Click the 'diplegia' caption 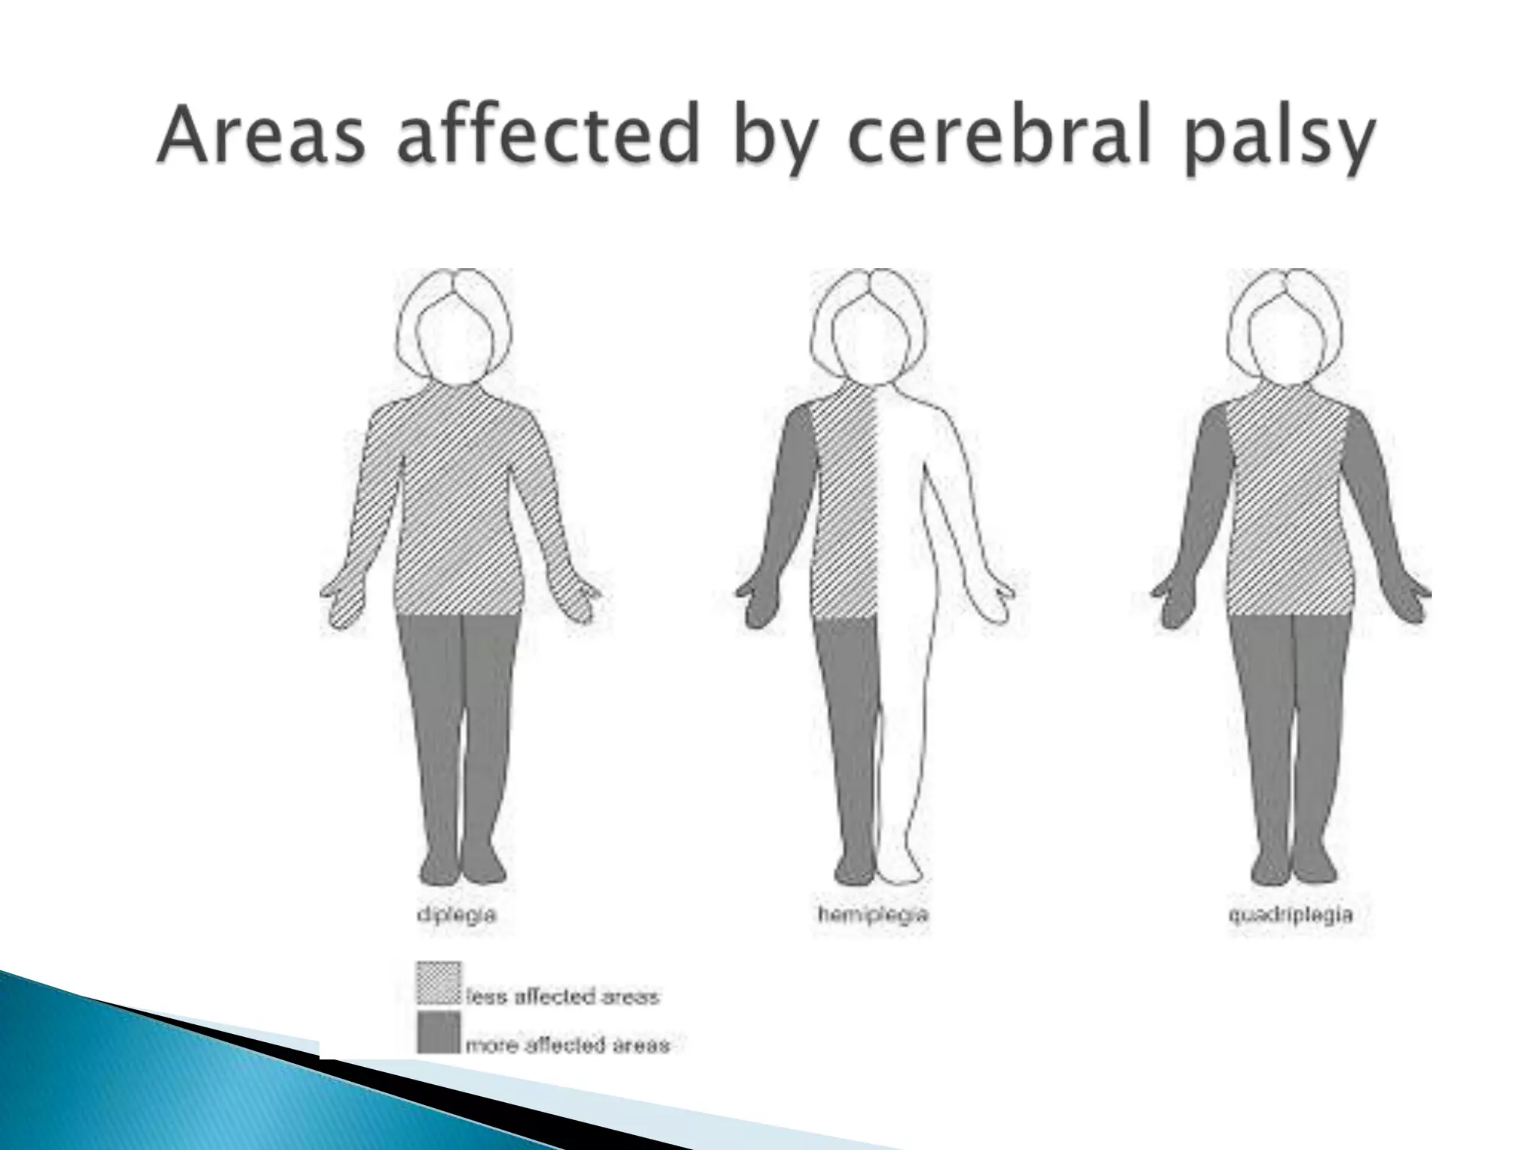point(456,915)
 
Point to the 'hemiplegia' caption point(873,915)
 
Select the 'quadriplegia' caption point(1290,915)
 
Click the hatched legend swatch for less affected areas point(438,983)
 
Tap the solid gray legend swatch point(438,1032)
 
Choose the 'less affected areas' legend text point(563,997)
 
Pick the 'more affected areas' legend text point(568,1044)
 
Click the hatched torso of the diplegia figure point(455,509)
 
